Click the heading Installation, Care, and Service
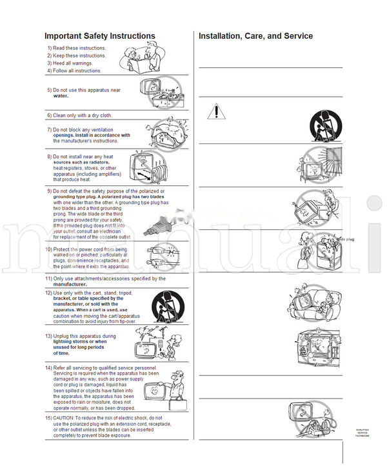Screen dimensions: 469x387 tap(255, 36)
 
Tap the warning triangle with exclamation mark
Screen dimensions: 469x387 tap(217, 112)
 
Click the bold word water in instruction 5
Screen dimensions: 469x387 tap(61, 96)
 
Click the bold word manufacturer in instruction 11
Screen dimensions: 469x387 tap(70, 284)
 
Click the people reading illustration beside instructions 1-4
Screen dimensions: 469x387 tap(144, 59)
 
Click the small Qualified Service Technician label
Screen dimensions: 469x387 tap(364, 433)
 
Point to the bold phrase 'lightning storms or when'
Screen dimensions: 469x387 tap(80, 342)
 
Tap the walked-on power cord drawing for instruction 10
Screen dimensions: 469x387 tap(158, 256)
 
